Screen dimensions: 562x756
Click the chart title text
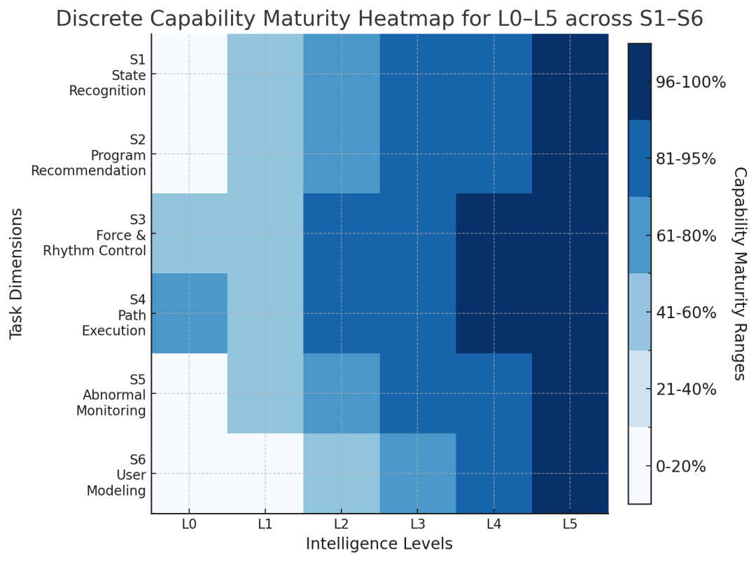point(379,19)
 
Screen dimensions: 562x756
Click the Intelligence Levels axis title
point(379,544)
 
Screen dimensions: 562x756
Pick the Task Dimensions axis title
point(17,273)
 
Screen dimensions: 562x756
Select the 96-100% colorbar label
point(690,83)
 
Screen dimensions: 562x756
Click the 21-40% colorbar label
point(685,390)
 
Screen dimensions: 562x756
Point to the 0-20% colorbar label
point(681,466)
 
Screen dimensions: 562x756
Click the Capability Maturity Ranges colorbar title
point(739,273)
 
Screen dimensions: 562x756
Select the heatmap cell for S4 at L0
point(189,313)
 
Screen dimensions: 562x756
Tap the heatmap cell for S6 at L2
point(342,473)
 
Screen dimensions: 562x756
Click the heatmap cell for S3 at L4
point(494,233)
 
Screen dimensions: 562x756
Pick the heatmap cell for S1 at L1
point(265,74)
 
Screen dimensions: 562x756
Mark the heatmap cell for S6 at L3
point(418,473)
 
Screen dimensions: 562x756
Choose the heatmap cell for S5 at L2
point(342,393)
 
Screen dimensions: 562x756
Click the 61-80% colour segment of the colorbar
point(639,235)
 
